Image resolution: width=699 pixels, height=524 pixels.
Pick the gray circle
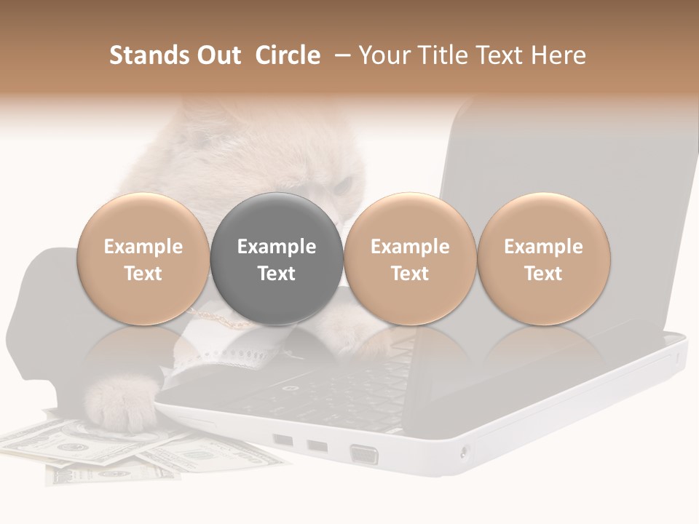coord(277,259)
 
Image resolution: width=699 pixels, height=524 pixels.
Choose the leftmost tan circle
coord(143,259)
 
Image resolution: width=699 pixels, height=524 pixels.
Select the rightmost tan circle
coord(544,259)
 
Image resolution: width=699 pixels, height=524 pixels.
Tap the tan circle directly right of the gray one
coord(410,259)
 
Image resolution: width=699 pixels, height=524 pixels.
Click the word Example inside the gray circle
coord(277,247)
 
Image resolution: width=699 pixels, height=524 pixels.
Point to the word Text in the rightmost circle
coord(544,274)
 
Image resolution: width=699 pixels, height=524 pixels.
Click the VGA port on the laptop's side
coord(364,455)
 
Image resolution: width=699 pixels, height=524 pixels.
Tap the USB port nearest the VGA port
coord(317,445)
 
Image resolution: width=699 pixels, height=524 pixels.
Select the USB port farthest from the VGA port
coord(283,440)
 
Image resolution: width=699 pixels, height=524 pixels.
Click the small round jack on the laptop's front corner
coord(465,453)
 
